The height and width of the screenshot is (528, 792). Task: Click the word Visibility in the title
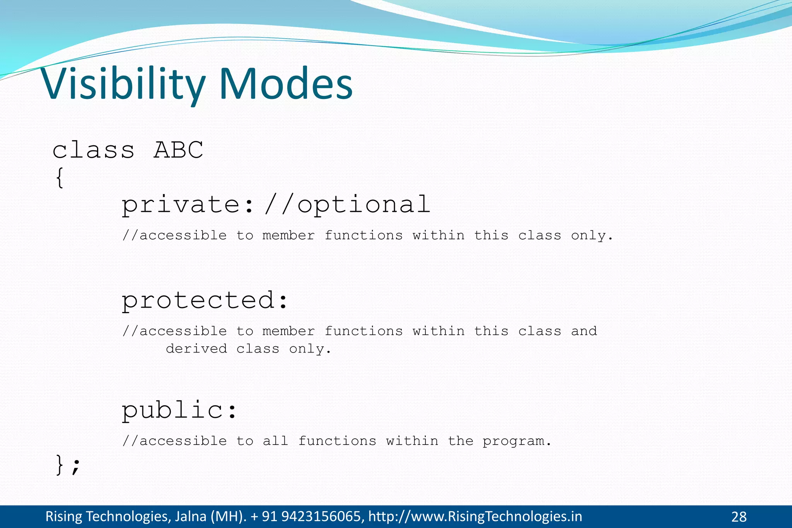pos(123,84)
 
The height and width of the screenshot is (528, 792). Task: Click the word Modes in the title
pos(286,84)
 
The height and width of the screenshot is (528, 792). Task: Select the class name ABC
pos(178,150)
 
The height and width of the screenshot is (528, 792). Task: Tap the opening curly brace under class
pos(59,178)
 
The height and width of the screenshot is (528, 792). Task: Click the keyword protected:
pos(205,300)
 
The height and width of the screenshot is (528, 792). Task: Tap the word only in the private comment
pos(591,235)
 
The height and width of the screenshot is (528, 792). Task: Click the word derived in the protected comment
pos(196,349)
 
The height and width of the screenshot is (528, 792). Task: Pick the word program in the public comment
pos(516,441)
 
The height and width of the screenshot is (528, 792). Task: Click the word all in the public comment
pos(275,441)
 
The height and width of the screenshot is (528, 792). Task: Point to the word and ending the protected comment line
pos(584,331)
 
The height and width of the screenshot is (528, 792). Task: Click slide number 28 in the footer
pos(739,517)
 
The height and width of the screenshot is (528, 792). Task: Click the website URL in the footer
pos(475,516)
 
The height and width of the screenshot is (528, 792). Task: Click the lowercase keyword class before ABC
pos(93,150)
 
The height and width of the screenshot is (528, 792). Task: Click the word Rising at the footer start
pos(64,516)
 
